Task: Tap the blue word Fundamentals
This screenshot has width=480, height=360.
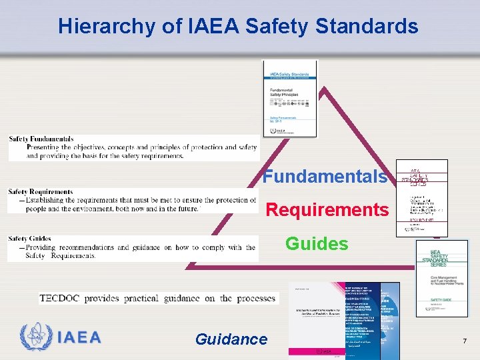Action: (x=325, y=177)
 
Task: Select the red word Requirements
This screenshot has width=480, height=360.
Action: (x=327, y=210)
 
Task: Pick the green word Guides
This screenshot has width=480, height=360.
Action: (x=317, y=243)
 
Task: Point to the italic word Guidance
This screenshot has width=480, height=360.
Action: (x=231, y=339)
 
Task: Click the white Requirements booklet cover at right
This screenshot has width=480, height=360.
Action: (x=421, y=198)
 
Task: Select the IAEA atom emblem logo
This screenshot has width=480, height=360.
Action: (x=35, y=337)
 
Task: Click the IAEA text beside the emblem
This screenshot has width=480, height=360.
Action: (x=79, y=337)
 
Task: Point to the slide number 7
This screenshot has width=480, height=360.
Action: (x=465, y=341)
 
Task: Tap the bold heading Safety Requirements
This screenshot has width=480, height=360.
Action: (x=41, y=192)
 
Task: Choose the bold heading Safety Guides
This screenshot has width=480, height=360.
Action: (x=30, y=239)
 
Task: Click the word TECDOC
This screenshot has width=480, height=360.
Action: (x=60, y=298)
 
